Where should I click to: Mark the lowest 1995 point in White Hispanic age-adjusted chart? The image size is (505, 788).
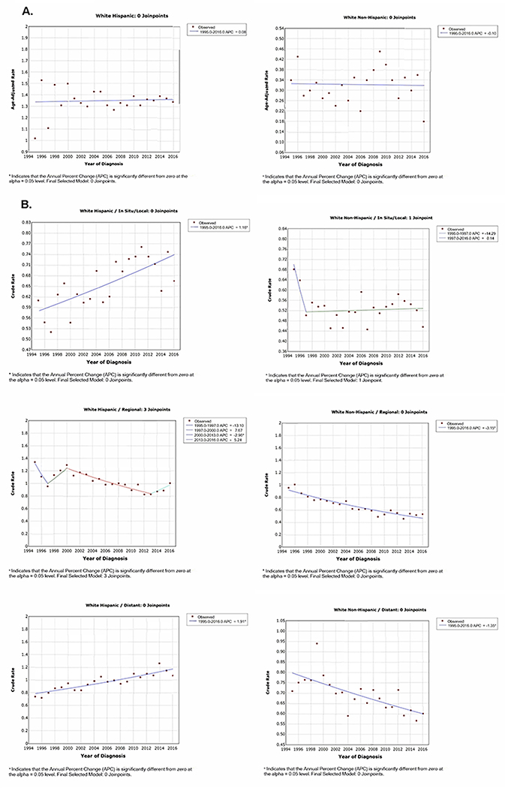(x=35, y=138)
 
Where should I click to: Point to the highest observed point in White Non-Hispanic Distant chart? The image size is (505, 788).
(x=317, y=643)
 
